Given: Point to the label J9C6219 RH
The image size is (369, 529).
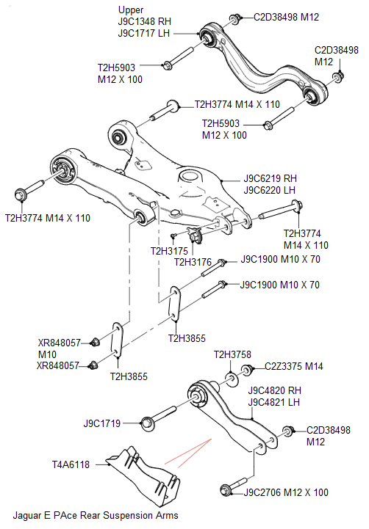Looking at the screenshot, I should coord(273,178).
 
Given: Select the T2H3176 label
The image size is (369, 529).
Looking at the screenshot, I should coord(193,262).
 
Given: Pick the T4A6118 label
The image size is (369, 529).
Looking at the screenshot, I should coord(71,464).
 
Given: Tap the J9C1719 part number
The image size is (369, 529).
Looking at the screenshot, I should coord(102,423).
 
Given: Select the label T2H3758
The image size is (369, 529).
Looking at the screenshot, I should coord(232,355).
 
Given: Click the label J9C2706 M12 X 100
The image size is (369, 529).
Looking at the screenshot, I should coord(286,492).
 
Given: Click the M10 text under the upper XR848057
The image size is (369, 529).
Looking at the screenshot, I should coord(48,354).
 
